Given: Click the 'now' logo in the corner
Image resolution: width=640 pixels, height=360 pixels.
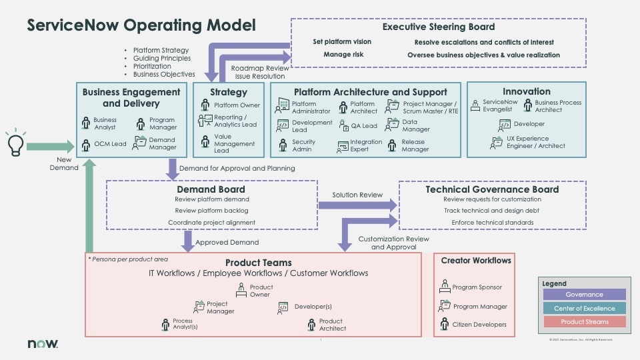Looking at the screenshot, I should pos(43,343).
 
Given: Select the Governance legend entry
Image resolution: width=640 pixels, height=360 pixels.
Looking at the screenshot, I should pos(583,295).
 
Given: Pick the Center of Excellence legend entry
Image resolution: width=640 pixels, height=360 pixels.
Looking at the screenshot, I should pos(583,308).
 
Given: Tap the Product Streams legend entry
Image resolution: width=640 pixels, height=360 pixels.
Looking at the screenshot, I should pos(583,322).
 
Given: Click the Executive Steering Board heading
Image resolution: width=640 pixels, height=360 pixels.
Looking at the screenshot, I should pos(438,27).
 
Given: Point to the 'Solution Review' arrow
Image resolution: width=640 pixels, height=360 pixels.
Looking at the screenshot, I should pos(357,205).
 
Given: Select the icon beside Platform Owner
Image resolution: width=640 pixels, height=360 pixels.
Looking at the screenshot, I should pos(205,105).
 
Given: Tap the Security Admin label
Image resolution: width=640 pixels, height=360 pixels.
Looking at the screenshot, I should pos(303,145).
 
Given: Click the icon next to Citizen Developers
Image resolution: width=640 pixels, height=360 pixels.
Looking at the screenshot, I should pos(445,325).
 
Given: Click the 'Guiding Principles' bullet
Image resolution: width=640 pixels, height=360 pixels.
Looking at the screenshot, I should pos(161,58).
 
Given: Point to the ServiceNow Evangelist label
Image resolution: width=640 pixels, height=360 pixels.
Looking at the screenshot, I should pos(500,106).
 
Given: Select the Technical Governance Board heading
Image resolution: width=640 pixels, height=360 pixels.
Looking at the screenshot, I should pos(492,189).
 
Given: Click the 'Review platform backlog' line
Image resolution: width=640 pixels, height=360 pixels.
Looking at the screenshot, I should pos(211,211).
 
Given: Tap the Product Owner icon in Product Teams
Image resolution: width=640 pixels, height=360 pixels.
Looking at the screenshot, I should pos(241,290).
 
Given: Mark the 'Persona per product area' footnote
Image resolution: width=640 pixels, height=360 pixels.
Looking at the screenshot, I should pos(128,259).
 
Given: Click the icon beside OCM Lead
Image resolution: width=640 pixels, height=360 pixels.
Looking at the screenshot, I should pos(86,144).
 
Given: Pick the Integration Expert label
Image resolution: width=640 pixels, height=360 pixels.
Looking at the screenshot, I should pos(366,145).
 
